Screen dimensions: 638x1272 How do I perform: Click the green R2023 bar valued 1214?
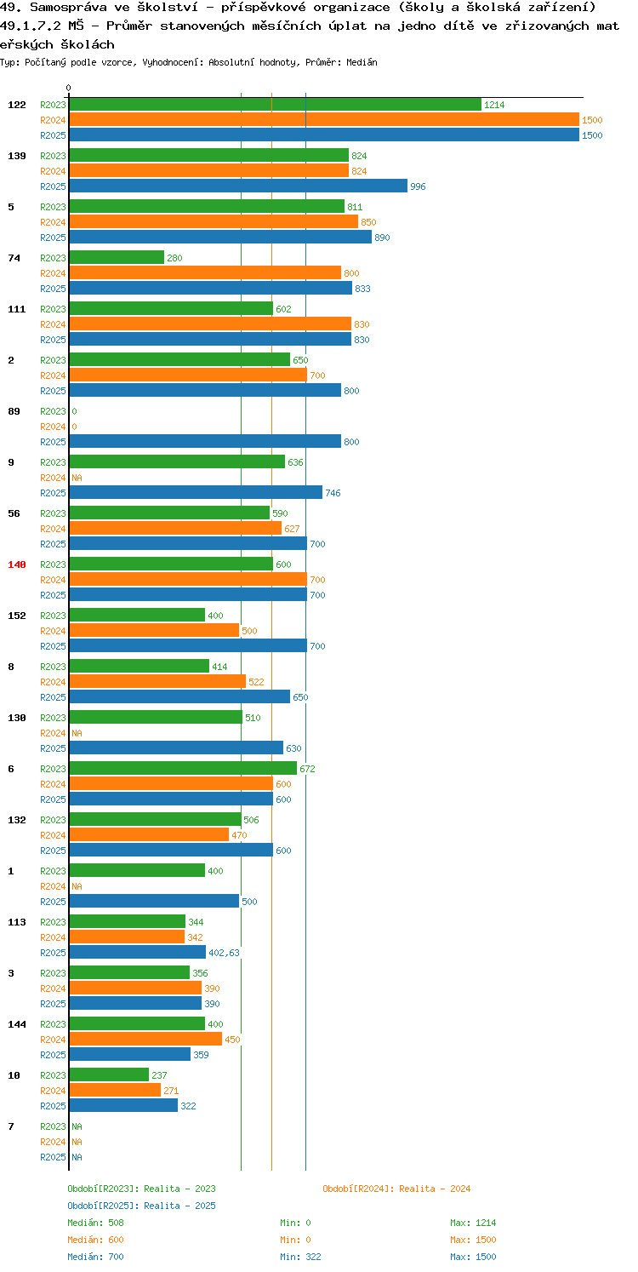click(x=276, y=105)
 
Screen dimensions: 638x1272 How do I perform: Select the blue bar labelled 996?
click(x=238, y=186)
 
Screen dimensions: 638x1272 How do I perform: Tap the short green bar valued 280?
click(x=117, y=258)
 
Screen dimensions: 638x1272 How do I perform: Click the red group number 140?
click(x=17, y=564)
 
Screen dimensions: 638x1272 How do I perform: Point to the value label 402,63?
click(x=225, y=953)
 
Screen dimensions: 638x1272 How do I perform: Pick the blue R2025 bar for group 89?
click(x=205, y=442)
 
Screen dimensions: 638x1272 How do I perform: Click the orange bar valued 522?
click(x=157, y=682)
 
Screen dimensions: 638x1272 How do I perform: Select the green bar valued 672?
click(x=183, y=769)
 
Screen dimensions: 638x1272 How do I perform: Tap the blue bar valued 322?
click(x=123, y=1106)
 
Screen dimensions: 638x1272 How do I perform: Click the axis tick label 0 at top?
click(x=69, y=88)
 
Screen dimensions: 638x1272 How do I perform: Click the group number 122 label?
click(x=17, y=105)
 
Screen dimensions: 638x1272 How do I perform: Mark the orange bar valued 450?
click(x=145, y=1040)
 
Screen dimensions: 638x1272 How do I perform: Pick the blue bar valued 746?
click(x=196, y=493)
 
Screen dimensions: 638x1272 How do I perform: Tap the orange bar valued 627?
click(x=175, y=529)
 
